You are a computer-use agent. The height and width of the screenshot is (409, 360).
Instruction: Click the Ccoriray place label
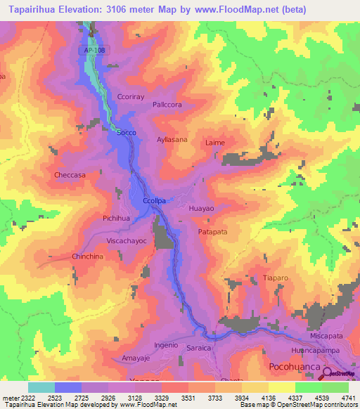pyautogui.click(x=130, y=98)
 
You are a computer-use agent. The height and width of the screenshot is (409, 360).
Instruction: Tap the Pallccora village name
pyautogui.click(x=167, y=105)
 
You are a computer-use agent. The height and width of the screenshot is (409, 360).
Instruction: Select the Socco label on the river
pyautogui.click(x=126, y=132)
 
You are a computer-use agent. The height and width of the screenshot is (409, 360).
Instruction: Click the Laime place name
pyautogui.click(x=215, y=143)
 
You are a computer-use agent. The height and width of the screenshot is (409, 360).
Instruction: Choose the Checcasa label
pyautogui.click(x=70, y=175)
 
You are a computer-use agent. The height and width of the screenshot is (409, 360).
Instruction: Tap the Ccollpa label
pyautogui.click(x=154, y=200)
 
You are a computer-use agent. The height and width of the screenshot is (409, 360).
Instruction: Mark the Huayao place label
pyautogui.click(x=202, y=209)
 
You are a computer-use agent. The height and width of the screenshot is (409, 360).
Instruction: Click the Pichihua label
pyautogui.click(x=116, y=219)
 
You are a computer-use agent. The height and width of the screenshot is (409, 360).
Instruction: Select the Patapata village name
pyautogui.click(x=212, y=231)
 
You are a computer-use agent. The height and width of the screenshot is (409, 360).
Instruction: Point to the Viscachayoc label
pyautogui.click(x=127, y=240)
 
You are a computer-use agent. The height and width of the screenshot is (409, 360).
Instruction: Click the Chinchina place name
pyautogui.click(x=88, y=257)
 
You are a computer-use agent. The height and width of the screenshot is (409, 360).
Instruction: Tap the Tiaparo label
pyautogui.click(x=276, y=278)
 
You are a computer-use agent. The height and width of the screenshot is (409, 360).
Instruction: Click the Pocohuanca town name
pyautogui.click(x=295, y=368)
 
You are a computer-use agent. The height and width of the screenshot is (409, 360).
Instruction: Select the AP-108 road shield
pyautogui.click(x=89, y=51)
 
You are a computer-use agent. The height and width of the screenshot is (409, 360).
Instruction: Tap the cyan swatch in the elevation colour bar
pyautogui.click(x=41, y=387)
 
